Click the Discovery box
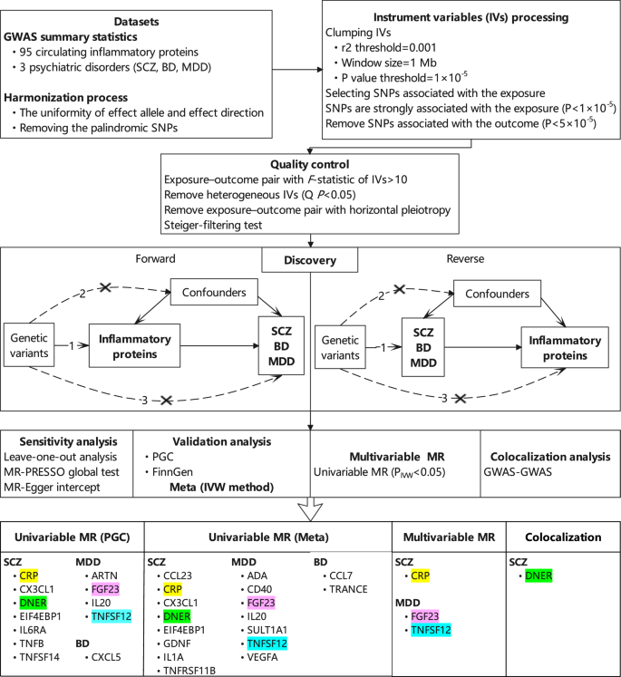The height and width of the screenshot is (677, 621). click(x=311, y=260)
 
